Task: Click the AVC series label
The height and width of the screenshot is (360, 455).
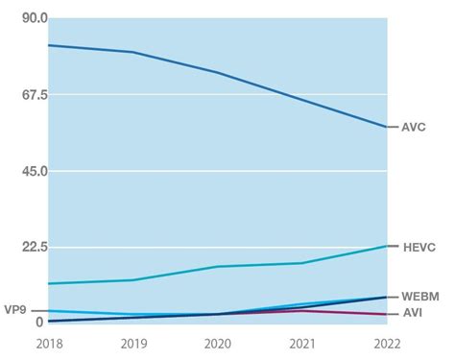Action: click(x=414, y=127)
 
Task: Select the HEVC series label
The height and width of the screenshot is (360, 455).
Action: click(x=419, y=247)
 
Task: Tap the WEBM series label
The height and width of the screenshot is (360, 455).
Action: click(x=420, y=297)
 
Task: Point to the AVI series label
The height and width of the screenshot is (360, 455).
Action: click(x=412, y=313)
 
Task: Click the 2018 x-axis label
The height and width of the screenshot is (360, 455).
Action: click(x=49, y=343)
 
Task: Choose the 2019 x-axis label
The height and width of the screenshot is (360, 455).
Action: click(x=133, y=343)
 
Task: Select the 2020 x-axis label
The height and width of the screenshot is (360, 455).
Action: click(x=218, y=343)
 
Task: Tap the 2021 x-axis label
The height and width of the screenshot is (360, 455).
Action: click(x=302, y=343)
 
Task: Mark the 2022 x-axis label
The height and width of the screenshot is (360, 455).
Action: click(x=386, y=343)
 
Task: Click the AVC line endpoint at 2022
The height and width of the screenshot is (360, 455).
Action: click(x=386, y=127)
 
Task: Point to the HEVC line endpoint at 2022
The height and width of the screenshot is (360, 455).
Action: click(x=386, y=247)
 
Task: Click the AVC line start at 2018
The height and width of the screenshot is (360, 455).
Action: click(x=49, y=45)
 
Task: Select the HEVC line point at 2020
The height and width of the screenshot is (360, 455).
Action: click(x=218, y=267)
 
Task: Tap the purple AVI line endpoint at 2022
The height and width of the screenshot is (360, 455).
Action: click(x=386, y=314)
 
